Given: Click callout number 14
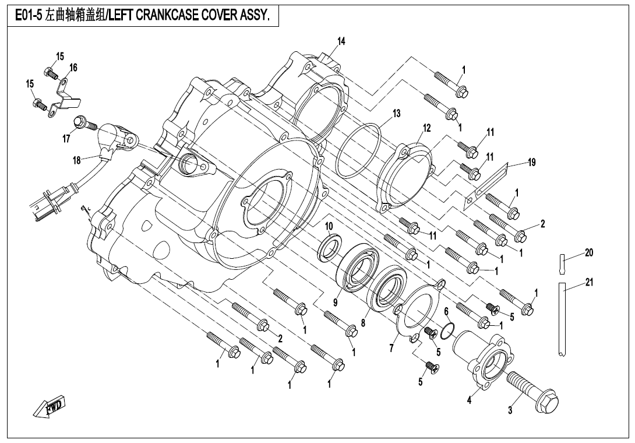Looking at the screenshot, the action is [x=341, y=41].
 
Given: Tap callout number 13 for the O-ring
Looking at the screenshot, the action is [x=396, y=113].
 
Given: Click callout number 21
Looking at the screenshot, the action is [x=589, y=282].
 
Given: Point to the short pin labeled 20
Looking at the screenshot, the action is [x=563, y=263].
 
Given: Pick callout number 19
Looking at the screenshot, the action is [x=531, y=161].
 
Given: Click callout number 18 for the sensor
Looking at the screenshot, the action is [x=76, y=160].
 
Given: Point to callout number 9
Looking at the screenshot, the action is [x=336, y=303].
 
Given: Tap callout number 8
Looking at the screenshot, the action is [x=364, y=322].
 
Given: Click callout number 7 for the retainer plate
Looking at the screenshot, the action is [x=391, y=348].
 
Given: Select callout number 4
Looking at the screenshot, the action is [x=470, y=400].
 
